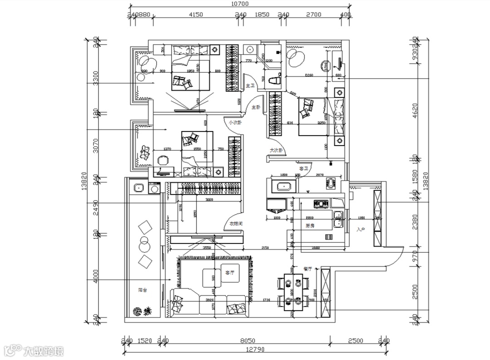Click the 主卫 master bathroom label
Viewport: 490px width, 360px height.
pyautogui.click(x=250, y=86)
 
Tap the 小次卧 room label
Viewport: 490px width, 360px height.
pyautogui.click(x=235, y=122)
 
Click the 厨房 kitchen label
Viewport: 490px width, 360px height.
pyautogui.click(x=310, y=225)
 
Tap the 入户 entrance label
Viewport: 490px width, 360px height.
pyautogui.click(x=361, y=230)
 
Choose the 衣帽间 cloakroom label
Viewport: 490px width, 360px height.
pyautogui.click(x=236, y=224)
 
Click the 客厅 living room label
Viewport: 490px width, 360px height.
pyautogui.click(x=230, y=273)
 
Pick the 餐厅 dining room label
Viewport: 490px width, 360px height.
pyautogui.click(x=307, y=269)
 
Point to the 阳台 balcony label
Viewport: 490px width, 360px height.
pyautogui.click(x=142, y=290)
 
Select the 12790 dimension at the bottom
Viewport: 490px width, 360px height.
pyautogui.click(x=256, y=350)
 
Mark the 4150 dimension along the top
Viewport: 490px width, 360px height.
pyautogui.click(x=196, y=15)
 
